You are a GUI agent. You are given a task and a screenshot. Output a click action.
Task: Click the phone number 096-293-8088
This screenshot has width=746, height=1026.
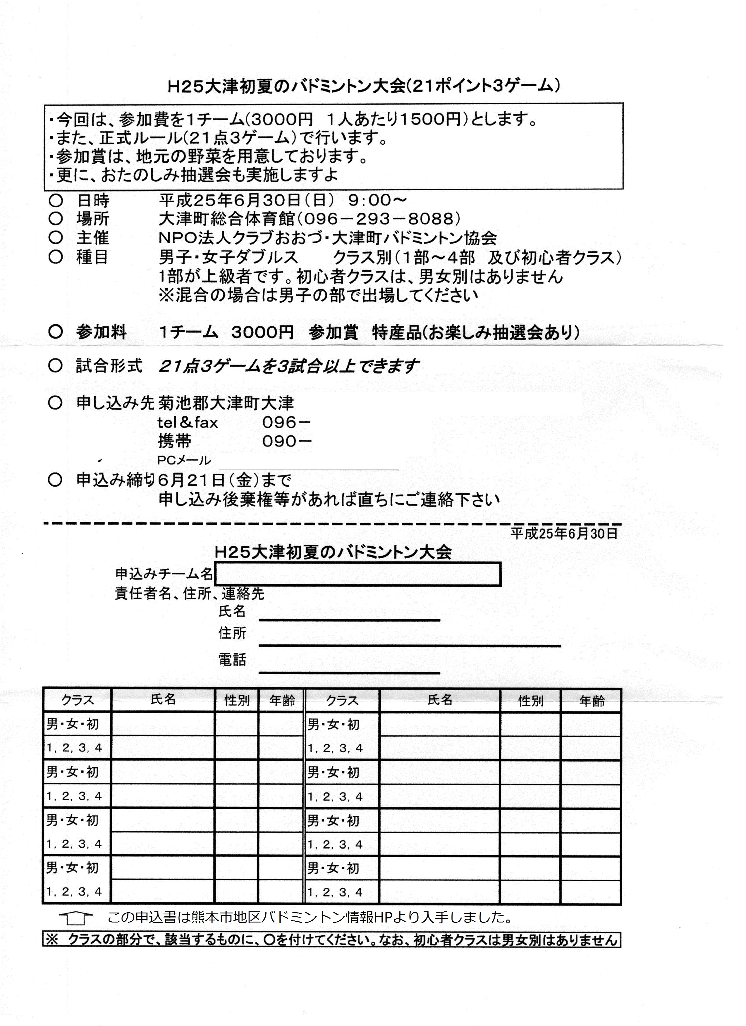(x=380, y=219)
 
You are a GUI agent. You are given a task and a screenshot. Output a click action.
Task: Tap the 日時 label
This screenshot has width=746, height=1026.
(x=93, y=200)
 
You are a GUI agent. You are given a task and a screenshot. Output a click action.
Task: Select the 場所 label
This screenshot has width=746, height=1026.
(x=93, y=219)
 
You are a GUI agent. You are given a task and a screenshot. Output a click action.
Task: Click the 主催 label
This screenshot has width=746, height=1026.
(x=93, y=238)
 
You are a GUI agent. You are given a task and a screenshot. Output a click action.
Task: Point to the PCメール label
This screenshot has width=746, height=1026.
(x=184, y=461)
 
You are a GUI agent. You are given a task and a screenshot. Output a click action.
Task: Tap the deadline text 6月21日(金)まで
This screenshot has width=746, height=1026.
(x=225, y=480)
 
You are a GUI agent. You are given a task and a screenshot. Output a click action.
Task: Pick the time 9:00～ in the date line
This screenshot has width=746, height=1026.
(x=377, y=200)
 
